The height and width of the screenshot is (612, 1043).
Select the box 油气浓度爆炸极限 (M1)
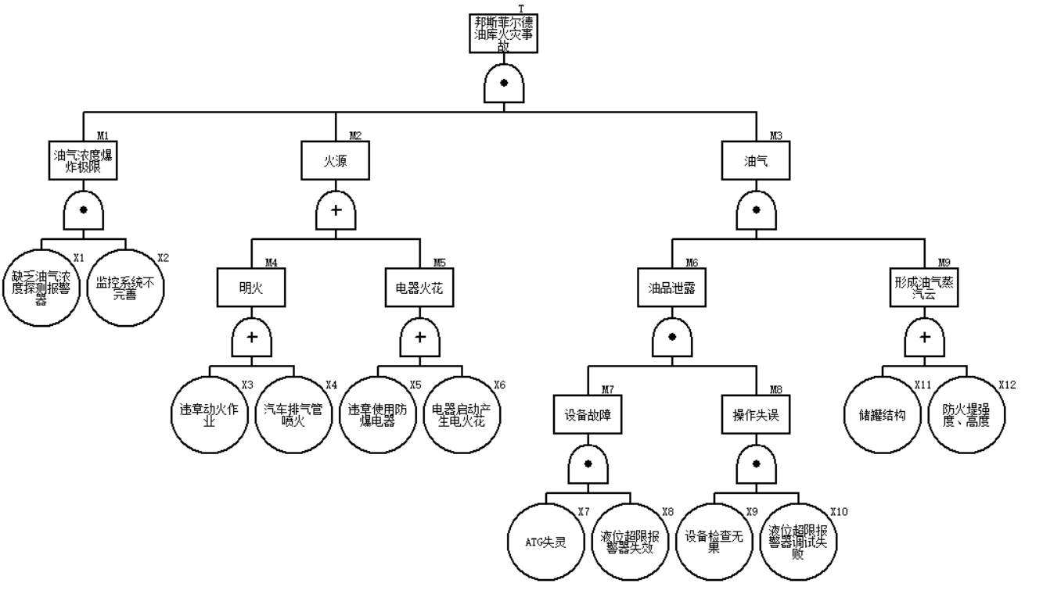pyautogui.click(x=84, y=159)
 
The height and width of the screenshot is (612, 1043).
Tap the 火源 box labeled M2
pyautogui.click(x=336, y=159)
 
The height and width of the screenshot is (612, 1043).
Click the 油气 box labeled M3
pyautogui.click(x=755, y=159)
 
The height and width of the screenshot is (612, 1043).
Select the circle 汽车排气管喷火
pyautogui.click(x=293, y=413)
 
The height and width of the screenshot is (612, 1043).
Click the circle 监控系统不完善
pyautogui.click(x=125, y=287)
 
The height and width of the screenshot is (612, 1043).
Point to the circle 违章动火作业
pyautogui.click(x=209, y=413)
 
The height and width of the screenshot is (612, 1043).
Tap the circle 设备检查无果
pyautogui.click(x=714, y=540)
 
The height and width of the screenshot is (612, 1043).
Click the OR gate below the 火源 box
pyautogui.click(x=336, y=210)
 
